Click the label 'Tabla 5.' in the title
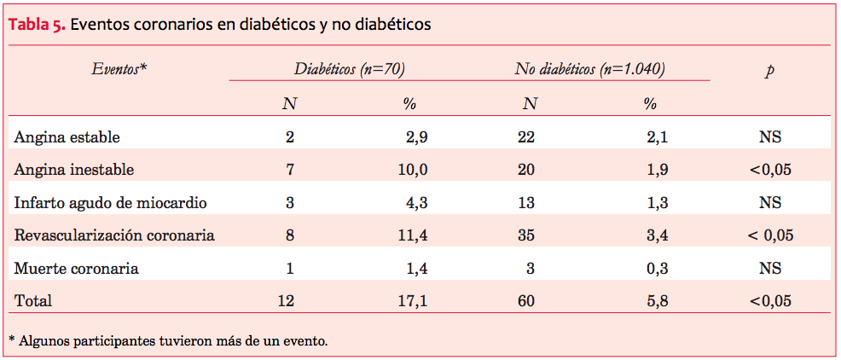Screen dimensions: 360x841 click(x=36, y=25)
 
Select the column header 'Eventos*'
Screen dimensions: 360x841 click(x=119, y=69)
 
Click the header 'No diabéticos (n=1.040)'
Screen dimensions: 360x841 click(x=589, y=69)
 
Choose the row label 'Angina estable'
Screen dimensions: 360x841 click(x=67, y=136)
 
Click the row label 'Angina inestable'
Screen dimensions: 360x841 click(x=74, y=170)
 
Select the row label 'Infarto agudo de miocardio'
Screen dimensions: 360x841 click(x=110, y=202)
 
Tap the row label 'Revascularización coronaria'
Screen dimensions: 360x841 click(x=114, y=235)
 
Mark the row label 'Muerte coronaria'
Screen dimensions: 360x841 click(x=76, y=268)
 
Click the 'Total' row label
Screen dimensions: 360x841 click(x=32, y=300)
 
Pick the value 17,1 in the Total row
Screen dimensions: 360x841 click(x=413, y=300)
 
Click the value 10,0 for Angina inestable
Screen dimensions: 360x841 click(x=413, y=170)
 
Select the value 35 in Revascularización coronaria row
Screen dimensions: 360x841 click(x=526, y=235)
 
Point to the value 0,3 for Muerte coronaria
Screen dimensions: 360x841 click(x=657, y=268)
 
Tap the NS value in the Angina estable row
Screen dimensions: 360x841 click(x=770, y=136)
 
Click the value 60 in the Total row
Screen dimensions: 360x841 click(x=526, y=300)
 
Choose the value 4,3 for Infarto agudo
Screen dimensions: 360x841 click(x=416, y=202)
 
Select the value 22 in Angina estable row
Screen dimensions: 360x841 click(x=526, y=136)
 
